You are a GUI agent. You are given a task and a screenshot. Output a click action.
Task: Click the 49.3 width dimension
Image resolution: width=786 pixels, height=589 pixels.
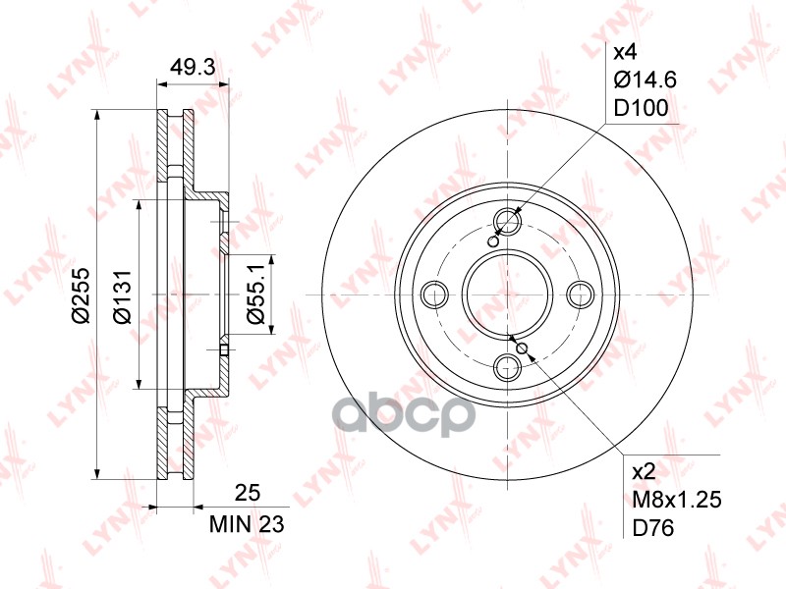point(193,66)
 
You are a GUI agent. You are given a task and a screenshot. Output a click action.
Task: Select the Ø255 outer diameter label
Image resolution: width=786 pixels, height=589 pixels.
point(81,295)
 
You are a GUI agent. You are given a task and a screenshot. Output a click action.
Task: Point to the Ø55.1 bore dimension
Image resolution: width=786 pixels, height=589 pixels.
point(255,294)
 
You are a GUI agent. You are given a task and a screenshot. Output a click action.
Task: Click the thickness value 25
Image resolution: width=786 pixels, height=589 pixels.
point(248,494)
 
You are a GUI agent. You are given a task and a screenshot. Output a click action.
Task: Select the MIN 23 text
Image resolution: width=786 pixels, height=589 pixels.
point(247,524)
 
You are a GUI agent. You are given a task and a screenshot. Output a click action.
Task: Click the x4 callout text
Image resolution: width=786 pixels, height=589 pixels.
point(625,51)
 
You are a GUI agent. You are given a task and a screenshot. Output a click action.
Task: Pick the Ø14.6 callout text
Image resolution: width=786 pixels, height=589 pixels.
point(646,80)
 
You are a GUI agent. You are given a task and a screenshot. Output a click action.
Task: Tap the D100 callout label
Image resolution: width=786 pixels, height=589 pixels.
point(642,108)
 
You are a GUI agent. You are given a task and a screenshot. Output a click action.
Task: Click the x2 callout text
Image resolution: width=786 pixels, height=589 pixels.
point(644,471)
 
